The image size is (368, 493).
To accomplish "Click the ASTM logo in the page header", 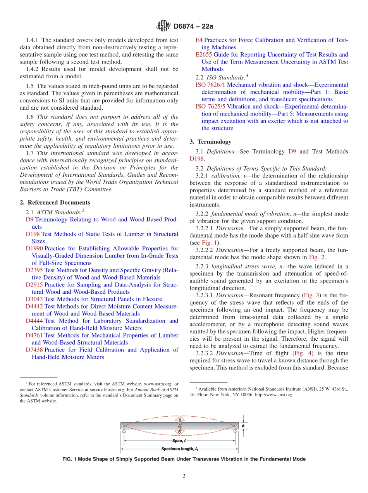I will click(x=163, y=26).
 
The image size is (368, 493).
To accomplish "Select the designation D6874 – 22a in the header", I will click(x=193, y=27).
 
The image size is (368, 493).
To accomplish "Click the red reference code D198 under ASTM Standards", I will click(x=33, y=234).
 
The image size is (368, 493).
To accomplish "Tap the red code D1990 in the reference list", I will click(x=34, y=248).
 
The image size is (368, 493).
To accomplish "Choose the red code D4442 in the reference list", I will click(x=34, y=306).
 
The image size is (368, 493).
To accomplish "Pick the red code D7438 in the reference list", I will click(x=34, y=350).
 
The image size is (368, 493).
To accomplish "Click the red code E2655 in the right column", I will click(x=204, y=55).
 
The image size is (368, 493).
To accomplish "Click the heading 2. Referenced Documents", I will click(x=55, y=202).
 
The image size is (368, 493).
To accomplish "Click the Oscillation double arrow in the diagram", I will click(x=179, y=426).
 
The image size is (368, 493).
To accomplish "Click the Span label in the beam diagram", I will click(x=179, y=441).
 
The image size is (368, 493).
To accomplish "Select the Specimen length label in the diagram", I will click(x=179, y=449).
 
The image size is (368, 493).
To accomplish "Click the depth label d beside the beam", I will click(x=244, y=426).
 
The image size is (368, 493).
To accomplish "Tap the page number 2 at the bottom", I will click(x=184, y=476).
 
